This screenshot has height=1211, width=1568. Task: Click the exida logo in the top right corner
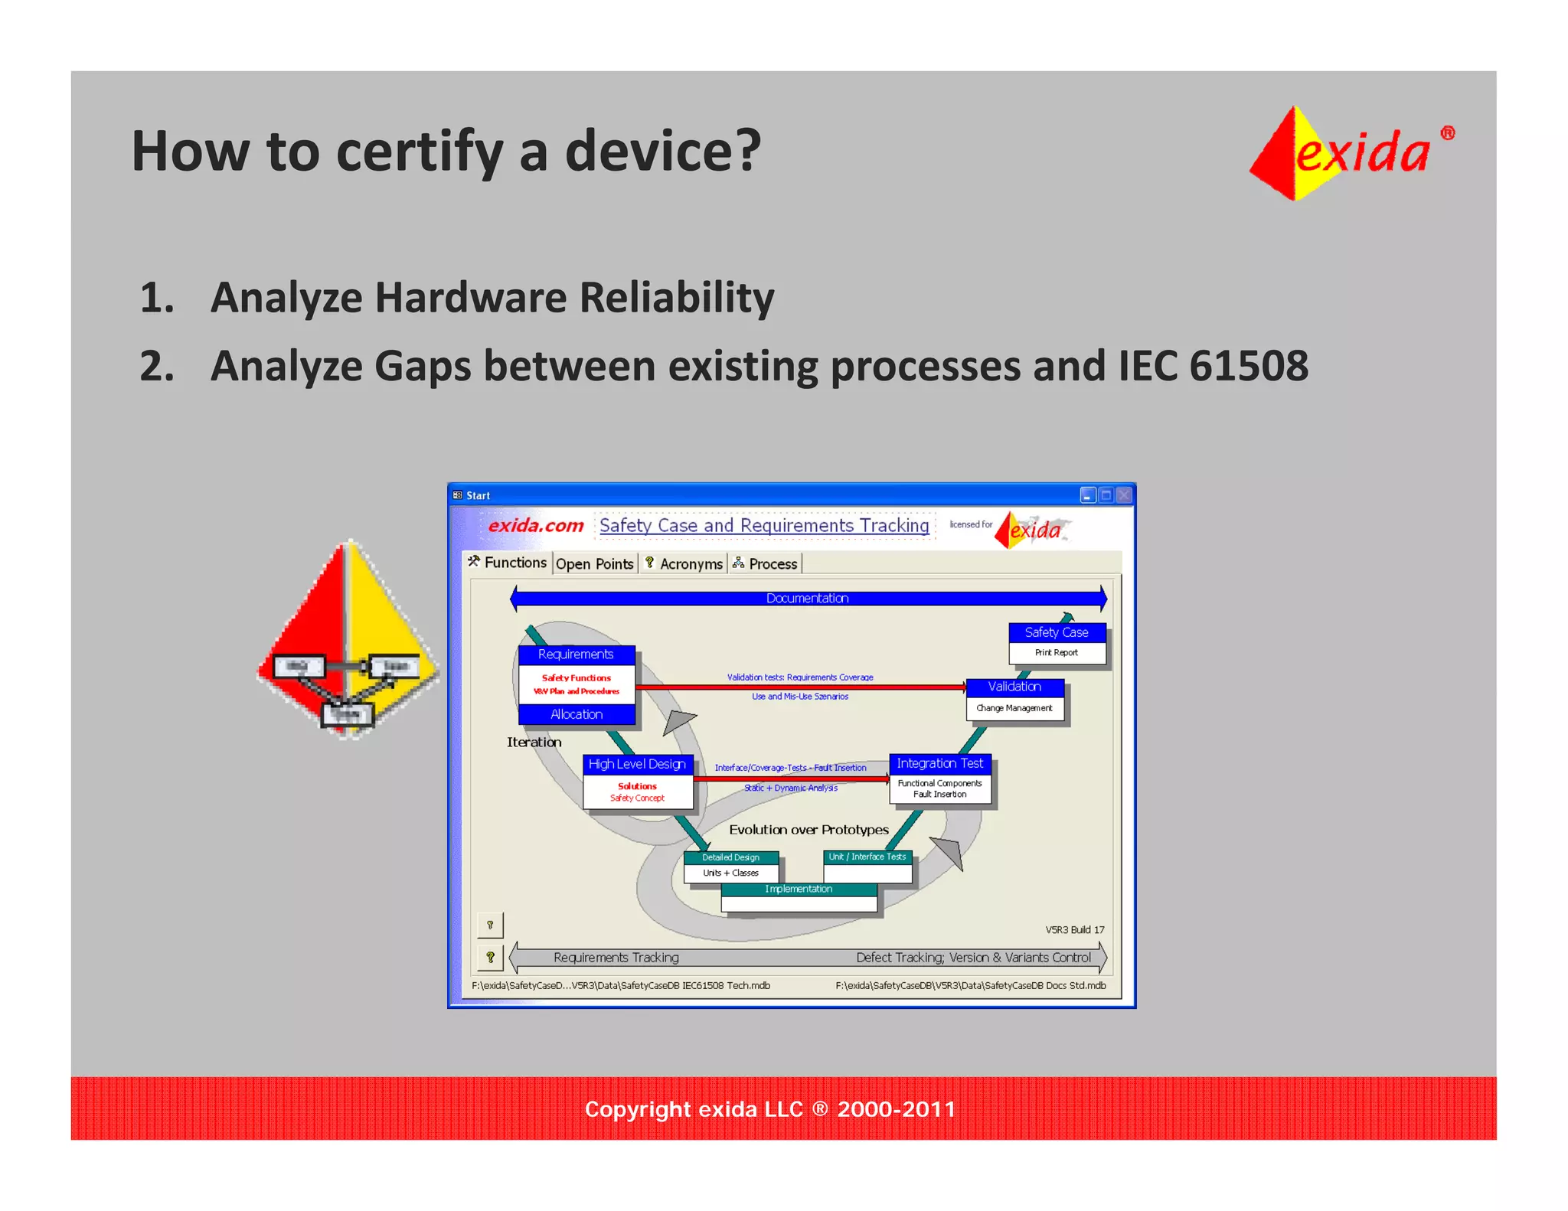1351,153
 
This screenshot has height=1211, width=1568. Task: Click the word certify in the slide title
419,152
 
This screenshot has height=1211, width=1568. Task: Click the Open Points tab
594,564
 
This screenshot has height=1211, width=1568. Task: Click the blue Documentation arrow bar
807,598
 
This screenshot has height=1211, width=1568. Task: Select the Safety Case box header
1056,632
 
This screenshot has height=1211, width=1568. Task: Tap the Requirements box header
576,654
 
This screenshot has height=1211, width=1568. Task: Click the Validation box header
1014,687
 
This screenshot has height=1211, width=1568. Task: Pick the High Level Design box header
637,764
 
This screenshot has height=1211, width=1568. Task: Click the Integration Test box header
939,763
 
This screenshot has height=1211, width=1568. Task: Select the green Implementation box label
798,889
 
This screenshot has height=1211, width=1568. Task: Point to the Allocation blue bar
577,714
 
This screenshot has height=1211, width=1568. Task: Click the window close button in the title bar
1123,495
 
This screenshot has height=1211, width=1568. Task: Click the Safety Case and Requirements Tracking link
763,525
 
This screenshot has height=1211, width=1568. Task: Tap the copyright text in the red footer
769,1109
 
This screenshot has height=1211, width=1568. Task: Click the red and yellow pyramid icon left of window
348,639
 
